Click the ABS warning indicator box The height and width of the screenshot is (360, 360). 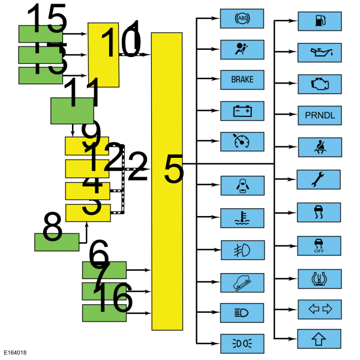tap(242, 18)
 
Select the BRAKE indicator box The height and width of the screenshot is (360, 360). tap(242, 80)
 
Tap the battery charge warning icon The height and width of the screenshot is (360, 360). tap(242, 111)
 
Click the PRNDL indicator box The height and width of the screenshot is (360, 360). tap(320, 115)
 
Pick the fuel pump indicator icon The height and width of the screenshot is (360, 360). tap(320, 21)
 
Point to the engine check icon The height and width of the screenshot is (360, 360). tap(320, 84)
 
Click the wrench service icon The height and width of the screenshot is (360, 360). tap(320, 179)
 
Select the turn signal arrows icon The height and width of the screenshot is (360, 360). tap(320, 307)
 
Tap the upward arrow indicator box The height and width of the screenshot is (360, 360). tap(320, 338)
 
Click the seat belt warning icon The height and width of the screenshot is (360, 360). tap(320, 147)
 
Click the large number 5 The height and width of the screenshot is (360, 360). tap(174, 169)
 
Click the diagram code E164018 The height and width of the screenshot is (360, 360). tap(15, 353)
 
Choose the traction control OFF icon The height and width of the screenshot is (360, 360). tap(320, 244)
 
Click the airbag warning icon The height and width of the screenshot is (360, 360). tap(242, 49)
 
